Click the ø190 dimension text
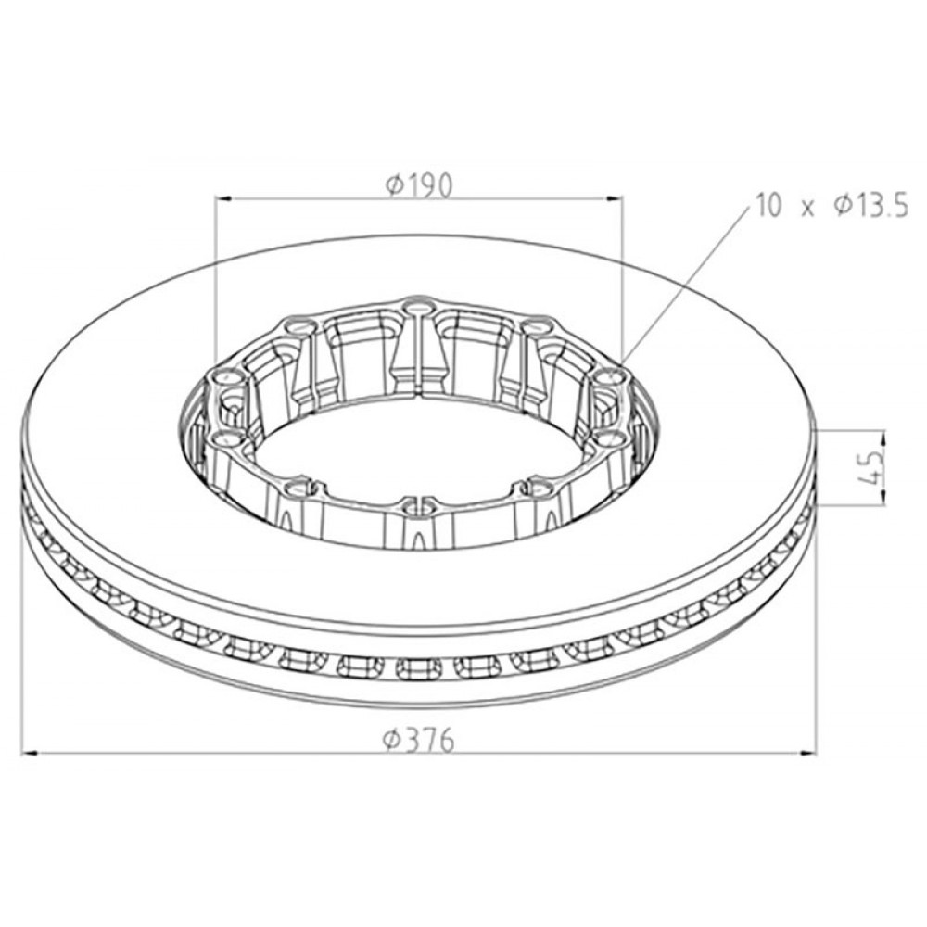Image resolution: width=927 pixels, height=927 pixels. point(419,185)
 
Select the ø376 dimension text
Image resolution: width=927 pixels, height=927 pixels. point(419,740)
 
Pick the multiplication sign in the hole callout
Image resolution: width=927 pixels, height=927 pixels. point(807,208)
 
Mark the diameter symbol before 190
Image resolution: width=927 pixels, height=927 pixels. point(394,186)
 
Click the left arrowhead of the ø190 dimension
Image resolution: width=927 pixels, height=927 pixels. point(222,197)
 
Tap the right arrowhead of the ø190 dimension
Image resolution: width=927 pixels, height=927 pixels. point(616,197)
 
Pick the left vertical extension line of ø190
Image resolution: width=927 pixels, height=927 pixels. point(215,278)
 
